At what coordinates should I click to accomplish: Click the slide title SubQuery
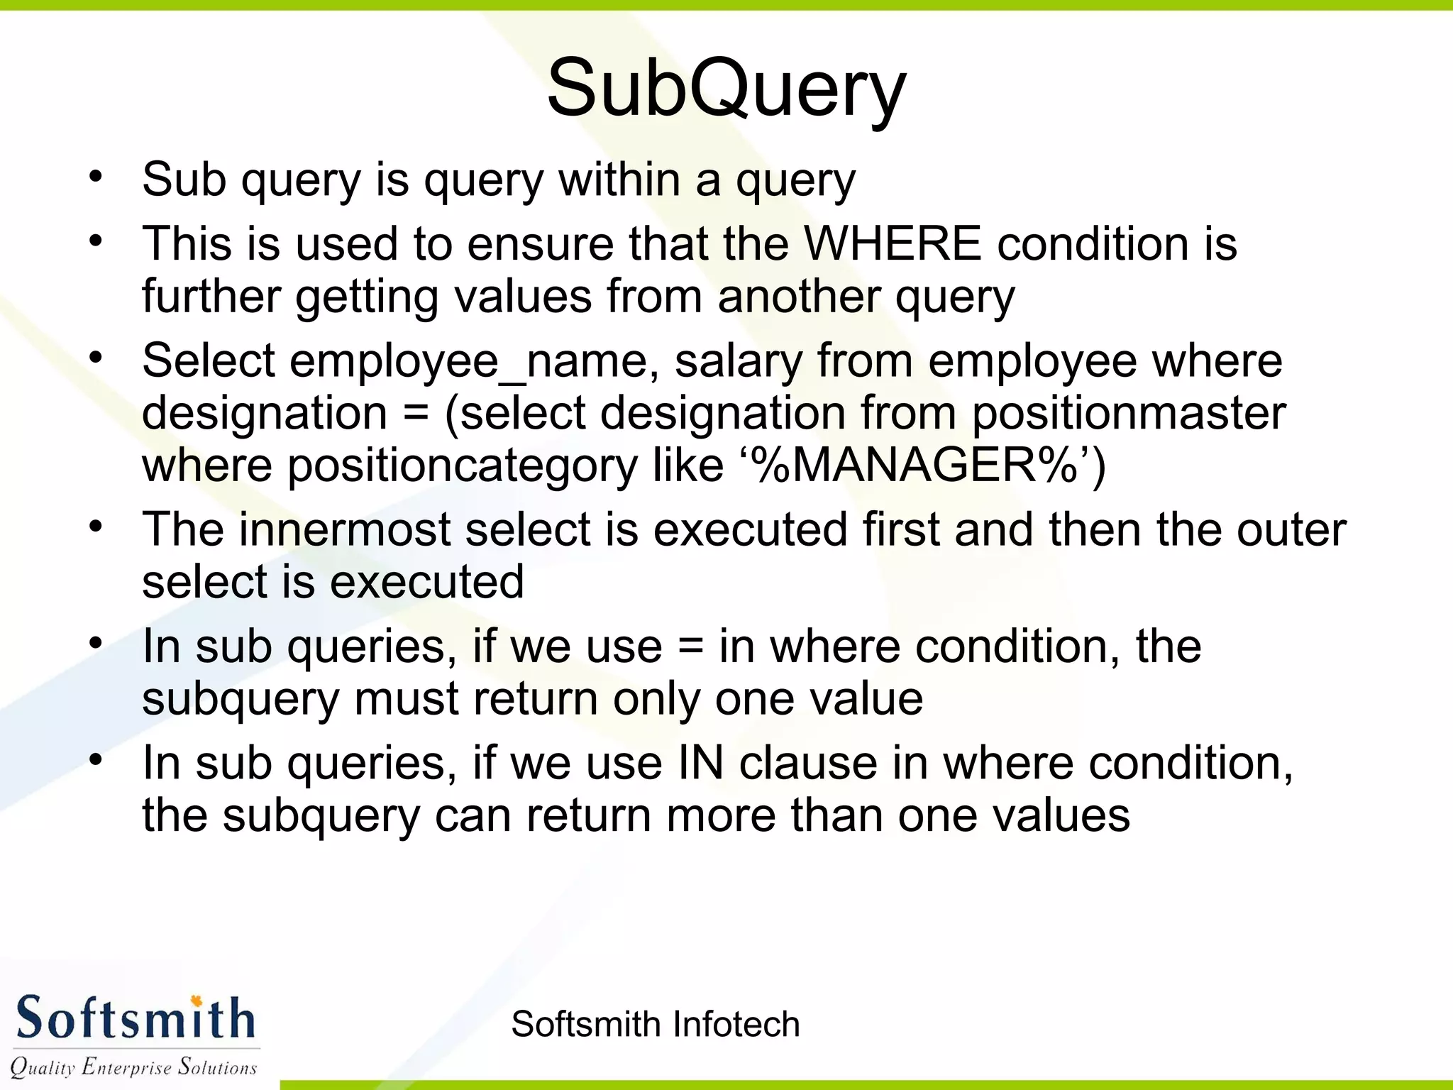click(726, 89)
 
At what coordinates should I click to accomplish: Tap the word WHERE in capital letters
click(893, 243)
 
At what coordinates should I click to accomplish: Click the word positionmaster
click(1129, 413)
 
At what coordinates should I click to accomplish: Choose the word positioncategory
click(462, 466)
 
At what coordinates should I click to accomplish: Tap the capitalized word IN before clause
click(701, 763)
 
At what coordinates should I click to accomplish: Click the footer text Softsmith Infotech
click(655, 1024)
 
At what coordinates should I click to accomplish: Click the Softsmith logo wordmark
click(135, 1019)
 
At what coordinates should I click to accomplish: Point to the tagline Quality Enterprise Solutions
click(133, 1067)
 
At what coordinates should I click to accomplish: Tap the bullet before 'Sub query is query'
click(96, 175)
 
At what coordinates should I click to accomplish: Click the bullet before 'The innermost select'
click(96, 526)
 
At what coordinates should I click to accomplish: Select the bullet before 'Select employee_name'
click(96, 357)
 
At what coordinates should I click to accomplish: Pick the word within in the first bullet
click(619, 180)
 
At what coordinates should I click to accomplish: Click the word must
click(406, 699)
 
